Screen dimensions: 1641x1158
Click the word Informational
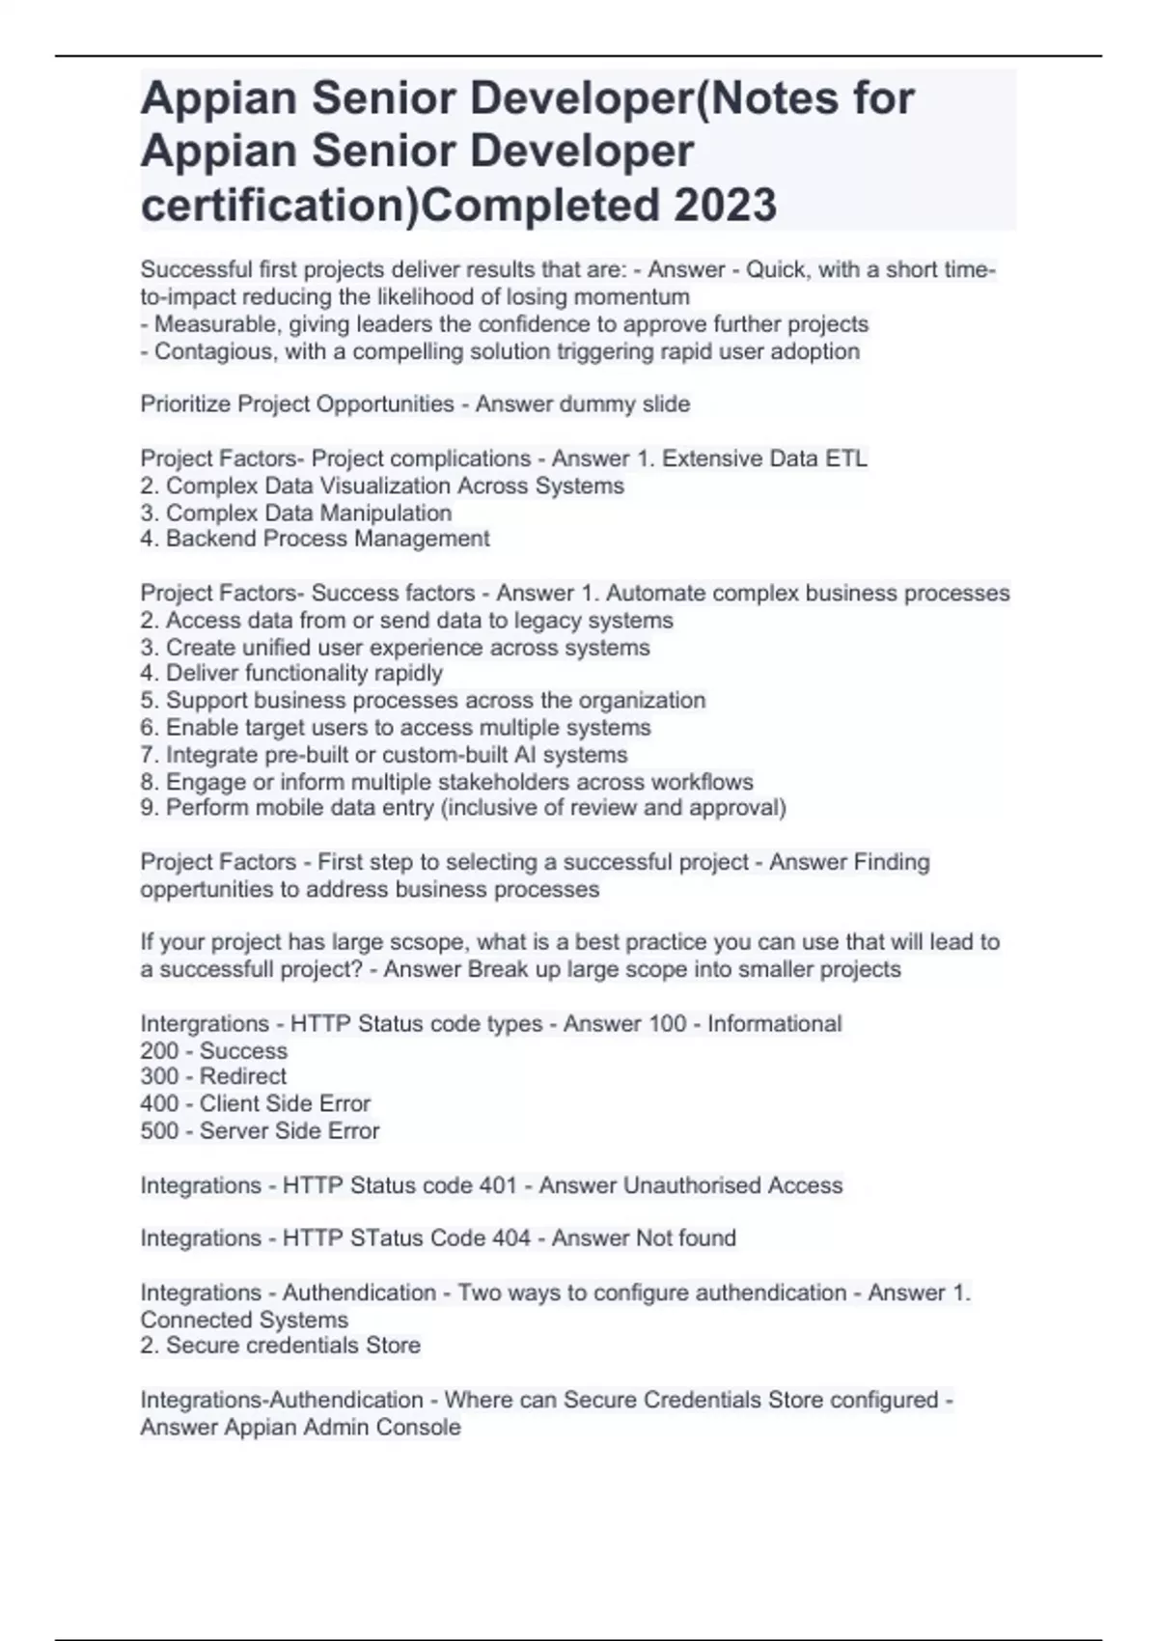(x=774, y=1023)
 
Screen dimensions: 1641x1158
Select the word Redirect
(x=242, y=1076)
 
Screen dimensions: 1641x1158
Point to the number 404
(x=510, y=1238)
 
